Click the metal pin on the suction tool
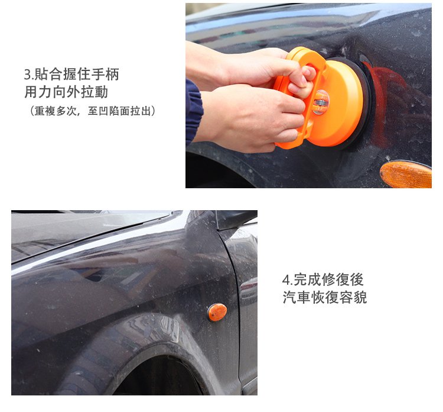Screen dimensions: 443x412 (320, 102)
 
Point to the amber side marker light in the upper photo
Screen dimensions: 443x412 (406, 174)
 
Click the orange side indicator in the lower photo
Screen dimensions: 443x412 (217, 312)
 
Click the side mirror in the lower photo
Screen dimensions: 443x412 (236, 220)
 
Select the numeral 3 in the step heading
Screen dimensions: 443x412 (27, 75)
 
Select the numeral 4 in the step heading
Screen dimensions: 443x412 (286, 281)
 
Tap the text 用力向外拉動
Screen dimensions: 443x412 (66, 92)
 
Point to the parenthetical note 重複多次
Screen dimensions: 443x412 (56, 111)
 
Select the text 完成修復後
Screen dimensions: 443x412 (328, 280)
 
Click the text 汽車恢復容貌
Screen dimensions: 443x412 (325, 298)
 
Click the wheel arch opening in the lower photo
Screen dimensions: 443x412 (158, 376)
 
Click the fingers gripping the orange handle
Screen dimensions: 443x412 (302, 82)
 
